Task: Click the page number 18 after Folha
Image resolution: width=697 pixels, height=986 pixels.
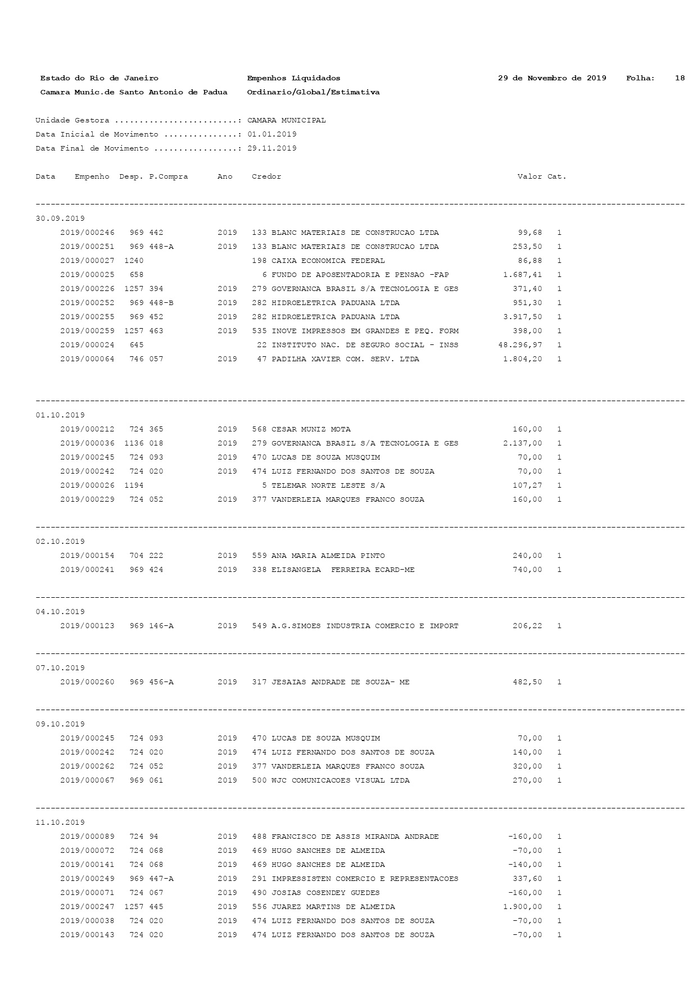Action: (680, 78)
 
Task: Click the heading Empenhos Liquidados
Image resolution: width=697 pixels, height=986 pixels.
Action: (293, 78)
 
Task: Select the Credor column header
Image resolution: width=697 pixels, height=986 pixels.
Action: (266, 176)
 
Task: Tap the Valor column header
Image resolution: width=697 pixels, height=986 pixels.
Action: (529, 176)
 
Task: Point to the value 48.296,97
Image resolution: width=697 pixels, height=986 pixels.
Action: (520, 345)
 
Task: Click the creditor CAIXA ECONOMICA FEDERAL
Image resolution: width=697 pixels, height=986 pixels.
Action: (328, 261)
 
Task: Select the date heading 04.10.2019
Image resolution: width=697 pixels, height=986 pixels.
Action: (60, 612)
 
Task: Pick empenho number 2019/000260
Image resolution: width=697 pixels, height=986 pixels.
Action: (87, 682)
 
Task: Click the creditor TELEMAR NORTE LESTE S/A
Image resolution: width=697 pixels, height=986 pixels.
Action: (328, 485)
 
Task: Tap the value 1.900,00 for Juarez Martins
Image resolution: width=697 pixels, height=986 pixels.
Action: (523, 907)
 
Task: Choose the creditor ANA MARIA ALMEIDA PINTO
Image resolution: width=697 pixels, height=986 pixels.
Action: (328, 556)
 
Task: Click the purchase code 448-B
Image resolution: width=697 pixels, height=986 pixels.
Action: (161, 303)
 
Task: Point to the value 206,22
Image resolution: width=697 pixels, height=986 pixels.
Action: (527, 626)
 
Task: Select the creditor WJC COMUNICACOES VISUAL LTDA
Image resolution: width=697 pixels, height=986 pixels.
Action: (340, 780)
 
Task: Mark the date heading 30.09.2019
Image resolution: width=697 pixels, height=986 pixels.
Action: (60, 219)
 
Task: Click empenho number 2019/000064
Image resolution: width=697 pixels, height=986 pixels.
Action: (87, 359)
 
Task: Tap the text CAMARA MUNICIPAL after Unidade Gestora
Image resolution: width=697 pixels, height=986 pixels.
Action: (286, 120)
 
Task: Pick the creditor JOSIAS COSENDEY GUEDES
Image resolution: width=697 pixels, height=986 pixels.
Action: (325, 893)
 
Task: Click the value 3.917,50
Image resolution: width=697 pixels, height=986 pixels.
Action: (523, 317)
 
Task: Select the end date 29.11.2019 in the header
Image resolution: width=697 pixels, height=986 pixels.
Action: (271, 148)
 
